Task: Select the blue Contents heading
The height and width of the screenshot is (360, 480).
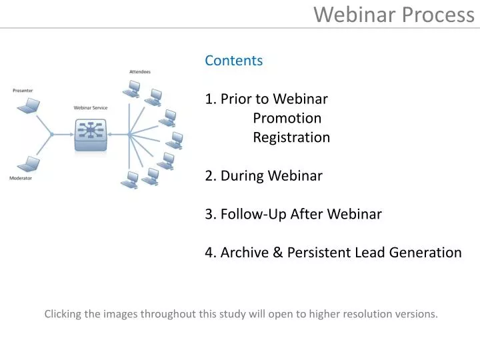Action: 233,61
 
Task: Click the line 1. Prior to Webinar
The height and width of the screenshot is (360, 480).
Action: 267,99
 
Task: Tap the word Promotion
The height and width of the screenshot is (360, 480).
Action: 287,119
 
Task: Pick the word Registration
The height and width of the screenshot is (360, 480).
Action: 291,138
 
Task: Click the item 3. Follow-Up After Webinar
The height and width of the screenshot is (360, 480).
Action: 293,215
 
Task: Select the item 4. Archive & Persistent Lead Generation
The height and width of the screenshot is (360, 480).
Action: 333,253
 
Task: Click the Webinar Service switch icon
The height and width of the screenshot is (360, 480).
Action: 90,134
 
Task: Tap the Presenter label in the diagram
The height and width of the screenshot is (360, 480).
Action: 23,91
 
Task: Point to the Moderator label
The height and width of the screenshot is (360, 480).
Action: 21,179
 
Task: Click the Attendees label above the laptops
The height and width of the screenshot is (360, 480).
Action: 140,72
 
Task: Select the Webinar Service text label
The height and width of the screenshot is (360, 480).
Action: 90,108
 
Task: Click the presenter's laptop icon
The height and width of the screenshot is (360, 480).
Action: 29,105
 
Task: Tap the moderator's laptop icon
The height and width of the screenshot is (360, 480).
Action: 27,164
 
